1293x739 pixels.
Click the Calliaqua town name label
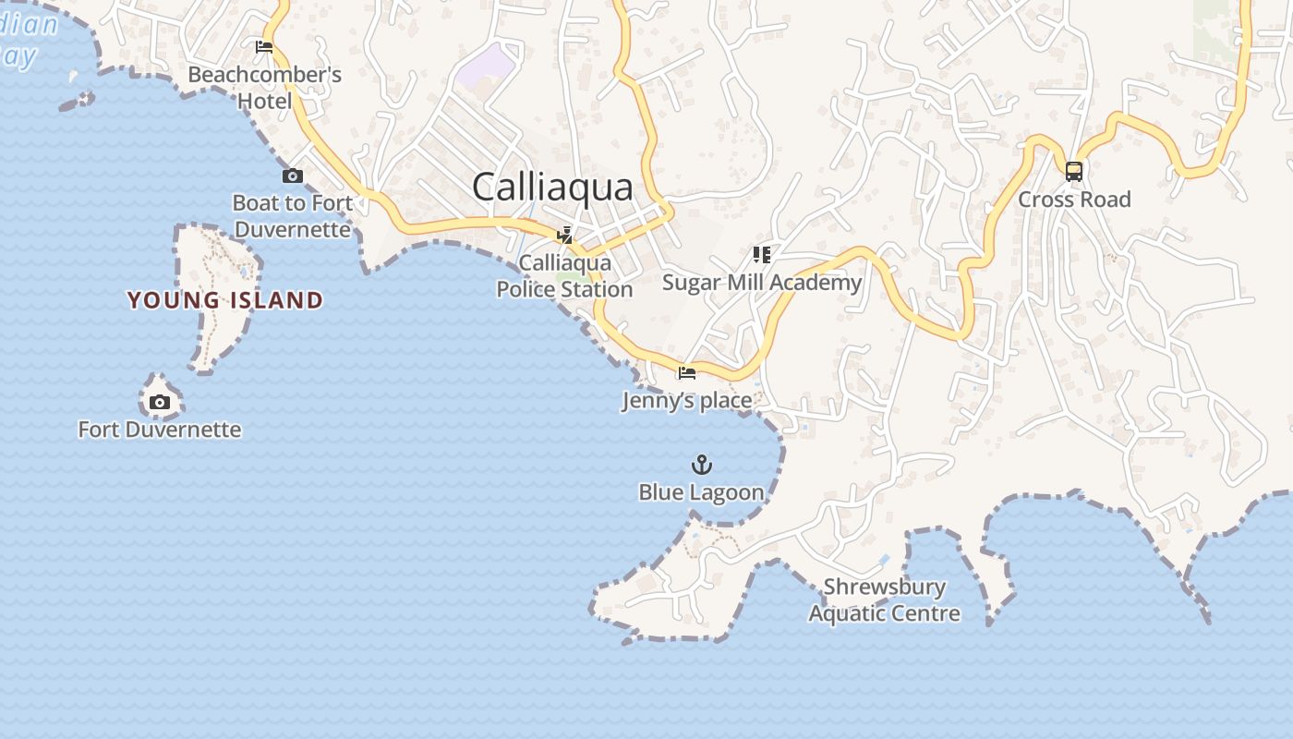552,187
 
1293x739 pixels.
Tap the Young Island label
225,300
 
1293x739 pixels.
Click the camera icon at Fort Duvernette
160,402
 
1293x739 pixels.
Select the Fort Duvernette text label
160,430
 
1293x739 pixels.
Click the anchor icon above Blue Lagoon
702,464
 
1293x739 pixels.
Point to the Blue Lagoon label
702,492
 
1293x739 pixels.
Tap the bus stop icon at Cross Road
1073,171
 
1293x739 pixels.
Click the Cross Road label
1074,200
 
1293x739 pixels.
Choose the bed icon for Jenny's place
686,373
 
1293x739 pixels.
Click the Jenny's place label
687,401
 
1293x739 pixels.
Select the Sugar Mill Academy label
762,283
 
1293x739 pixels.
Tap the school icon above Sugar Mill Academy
761,254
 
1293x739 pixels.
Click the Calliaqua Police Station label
564,276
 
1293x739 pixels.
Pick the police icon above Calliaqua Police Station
564,235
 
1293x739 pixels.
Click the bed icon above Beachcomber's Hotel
264,46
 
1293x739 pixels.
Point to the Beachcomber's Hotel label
265,88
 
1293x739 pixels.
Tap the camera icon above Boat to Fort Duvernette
292,176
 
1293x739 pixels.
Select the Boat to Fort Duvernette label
293,216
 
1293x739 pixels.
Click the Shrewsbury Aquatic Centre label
885,600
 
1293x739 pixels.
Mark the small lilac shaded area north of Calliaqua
486,67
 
